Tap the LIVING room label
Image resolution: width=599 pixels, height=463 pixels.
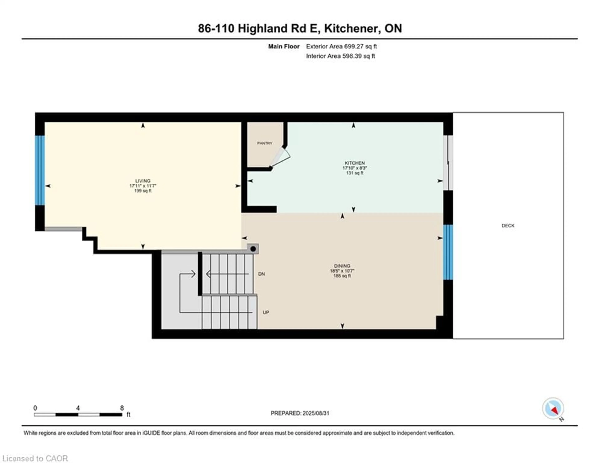143,181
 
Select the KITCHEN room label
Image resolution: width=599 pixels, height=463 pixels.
354,163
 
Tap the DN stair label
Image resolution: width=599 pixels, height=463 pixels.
261,274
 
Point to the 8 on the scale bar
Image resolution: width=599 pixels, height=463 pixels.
122,408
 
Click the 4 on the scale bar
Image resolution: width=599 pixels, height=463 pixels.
78,408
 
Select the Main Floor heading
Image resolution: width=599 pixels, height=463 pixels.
284,46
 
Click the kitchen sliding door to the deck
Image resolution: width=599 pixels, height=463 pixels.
448,163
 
